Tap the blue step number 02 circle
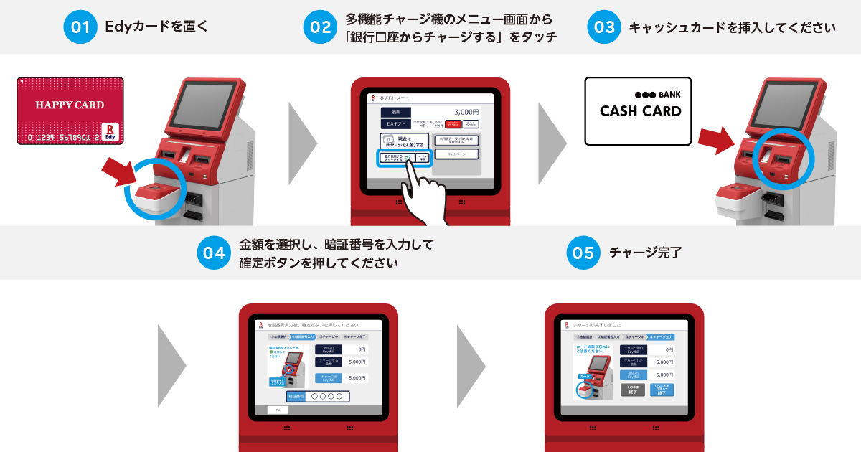(321, 27)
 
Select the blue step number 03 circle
(603, 27)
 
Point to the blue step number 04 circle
(214, 253)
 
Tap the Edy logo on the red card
(110, 129)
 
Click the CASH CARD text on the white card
(640, 112)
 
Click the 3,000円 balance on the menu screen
(466, 112)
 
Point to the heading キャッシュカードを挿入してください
(732, 27)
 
